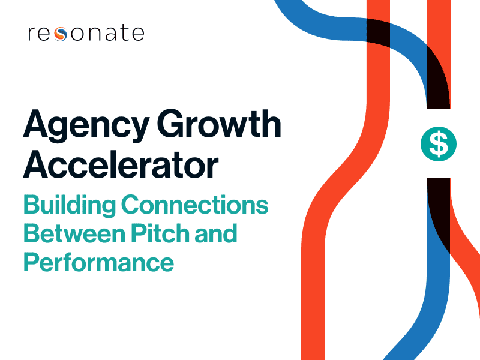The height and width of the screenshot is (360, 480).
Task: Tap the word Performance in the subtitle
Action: point(98,262)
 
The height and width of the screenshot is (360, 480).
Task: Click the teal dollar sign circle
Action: point(439,144)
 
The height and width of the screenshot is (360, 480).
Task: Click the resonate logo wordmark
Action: point(86,33)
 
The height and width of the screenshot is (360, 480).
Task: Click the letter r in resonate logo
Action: point(31,34)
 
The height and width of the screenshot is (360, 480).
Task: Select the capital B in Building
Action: point(31,205)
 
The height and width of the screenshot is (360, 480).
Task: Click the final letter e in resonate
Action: point(137,34)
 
